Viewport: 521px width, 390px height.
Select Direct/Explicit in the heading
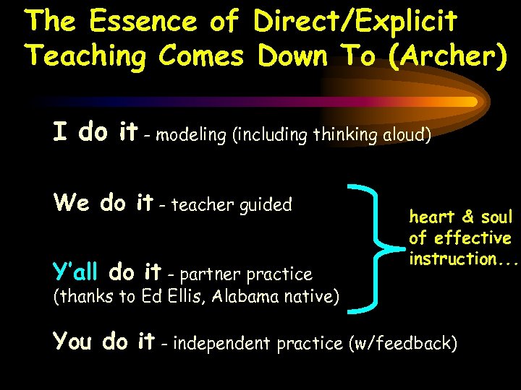pos(355,23)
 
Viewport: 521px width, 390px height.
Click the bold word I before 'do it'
pos(61,132)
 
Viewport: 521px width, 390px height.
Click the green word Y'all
pos(76,272)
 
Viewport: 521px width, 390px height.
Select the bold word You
pos(75,341)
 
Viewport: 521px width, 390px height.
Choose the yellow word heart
pos(432,217)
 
